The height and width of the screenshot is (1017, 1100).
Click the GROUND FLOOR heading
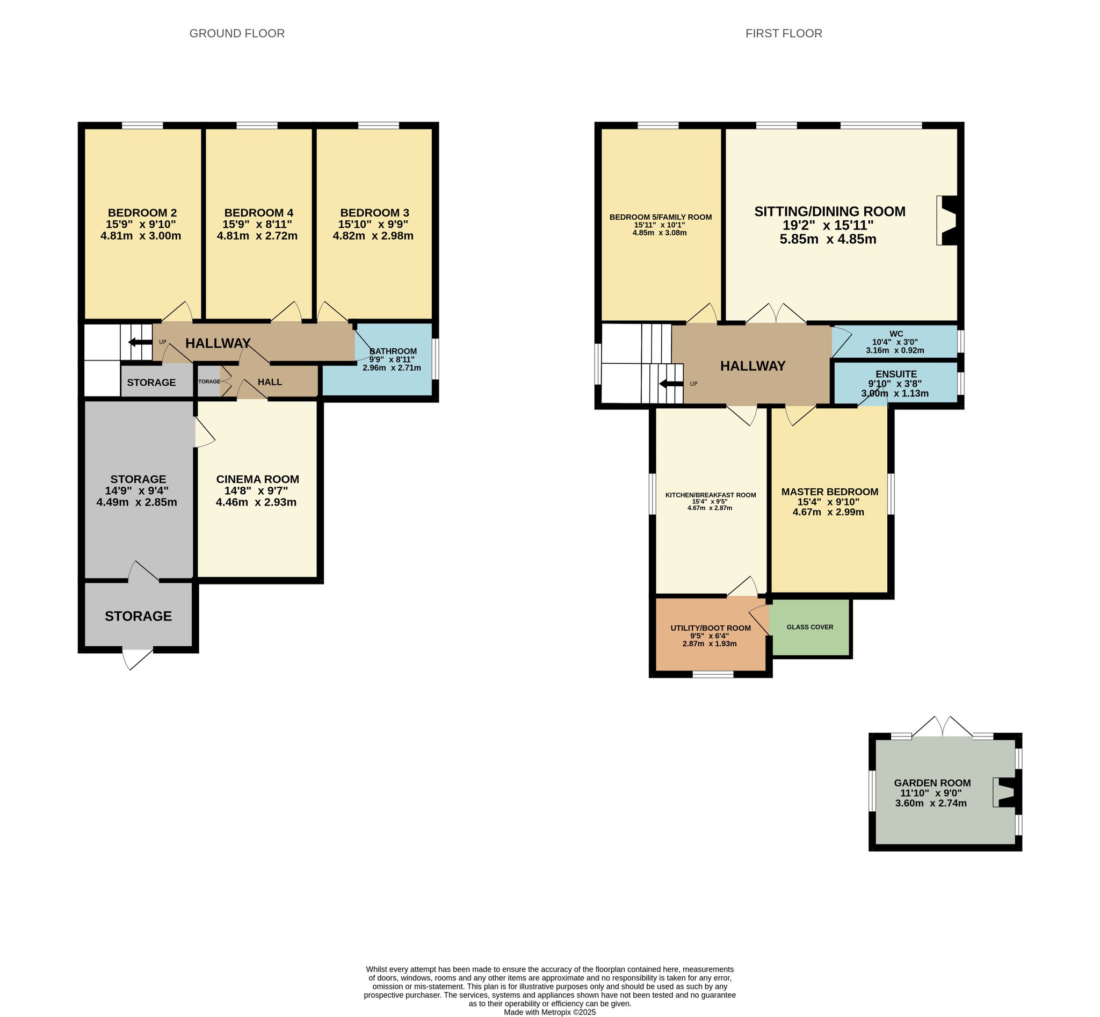point(237,33)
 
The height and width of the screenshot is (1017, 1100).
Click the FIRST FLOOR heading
point(784,33)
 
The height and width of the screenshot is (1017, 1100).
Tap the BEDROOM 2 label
point(142,212)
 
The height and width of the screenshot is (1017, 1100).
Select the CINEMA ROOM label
point(257,479)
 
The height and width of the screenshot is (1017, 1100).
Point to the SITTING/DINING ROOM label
point(830,211)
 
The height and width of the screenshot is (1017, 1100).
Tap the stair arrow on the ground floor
point(140,342)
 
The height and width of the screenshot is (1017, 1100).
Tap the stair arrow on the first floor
point(671,384)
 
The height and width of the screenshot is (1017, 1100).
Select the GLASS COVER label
point(810,627)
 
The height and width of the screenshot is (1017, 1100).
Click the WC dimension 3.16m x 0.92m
point(895,350)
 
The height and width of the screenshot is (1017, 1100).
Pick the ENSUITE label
point(896,374)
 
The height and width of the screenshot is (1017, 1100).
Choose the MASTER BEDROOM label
point(830,492)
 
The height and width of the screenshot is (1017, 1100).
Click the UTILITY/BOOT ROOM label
point(711,628)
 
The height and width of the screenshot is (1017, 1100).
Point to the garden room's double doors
point(943,726)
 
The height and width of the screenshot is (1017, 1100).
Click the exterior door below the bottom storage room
point(137,659)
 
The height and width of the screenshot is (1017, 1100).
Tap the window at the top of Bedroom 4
point(257,126)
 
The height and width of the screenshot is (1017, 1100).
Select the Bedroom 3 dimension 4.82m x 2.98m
point(373,236)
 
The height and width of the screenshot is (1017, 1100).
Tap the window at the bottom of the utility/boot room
point(713,674)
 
